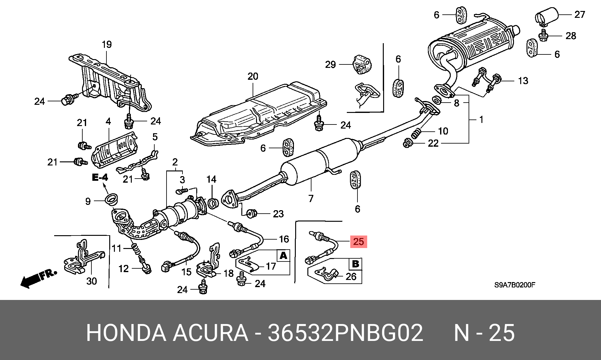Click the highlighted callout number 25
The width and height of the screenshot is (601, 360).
[x=358, y=241]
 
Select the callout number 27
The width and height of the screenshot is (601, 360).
[x=580, y=14]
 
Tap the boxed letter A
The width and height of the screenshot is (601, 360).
[x=283, y=256]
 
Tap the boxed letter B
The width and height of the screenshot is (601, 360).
[x=356, y=264]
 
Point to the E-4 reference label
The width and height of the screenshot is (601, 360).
[x=100, y=177]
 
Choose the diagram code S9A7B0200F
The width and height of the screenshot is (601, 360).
[x=515, y=285]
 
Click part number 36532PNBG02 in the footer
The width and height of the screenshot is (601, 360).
[x=345, y=333]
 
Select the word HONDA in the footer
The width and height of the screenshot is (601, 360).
[x=126, y=333]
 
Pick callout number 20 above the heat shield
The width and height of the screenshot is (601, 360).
[x=253, y=76]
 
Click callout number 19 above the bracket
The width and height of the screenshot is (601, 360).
[x=107, y=44]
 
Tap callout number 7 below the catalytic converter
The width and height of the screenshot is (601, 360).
[x=311, y=198]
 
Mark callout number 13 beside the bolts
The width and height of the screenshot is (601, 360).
[x=523, y=81]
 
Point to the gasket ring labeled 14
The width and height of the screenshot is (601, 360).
[x=213, y=203]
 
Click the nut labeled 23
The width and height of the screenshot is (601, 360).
[x=252, y=214]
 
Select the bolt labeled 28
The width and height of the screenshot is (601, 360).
[x=543, y=36]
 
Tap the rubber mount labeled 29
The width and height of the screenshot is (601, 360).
[x=362, y=64]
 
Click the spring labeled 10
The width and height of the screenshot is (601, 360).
[x=416, y=134]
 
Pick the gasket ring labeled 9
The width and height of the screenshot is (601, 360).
[x=111, y=199]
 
